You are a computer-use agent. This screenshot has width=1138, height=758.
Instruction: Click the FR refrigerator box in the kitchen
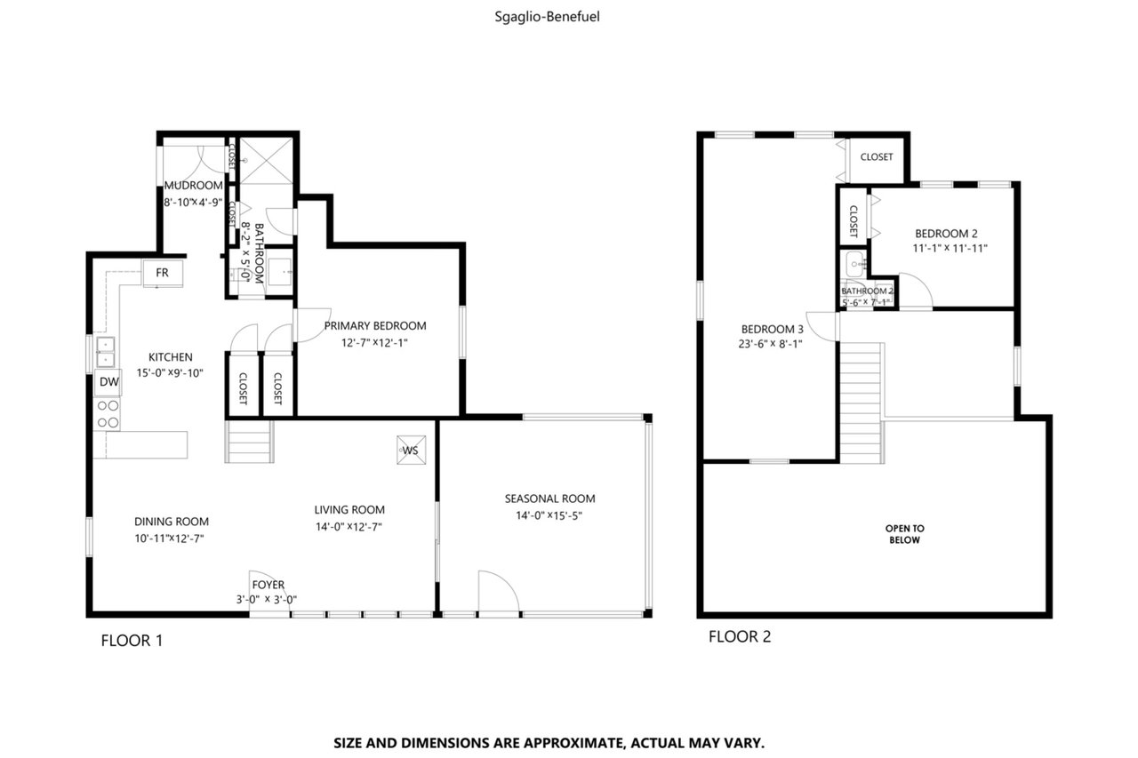[163, 273]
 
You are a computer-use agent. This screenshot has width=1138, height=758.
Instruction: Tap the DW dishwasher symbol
[108, 382]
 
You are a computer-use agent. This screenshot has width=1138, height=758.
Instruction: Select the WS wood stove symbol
[411, 450]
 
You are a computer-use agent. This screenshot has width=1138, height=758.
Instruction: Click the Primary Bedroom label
[375, 326]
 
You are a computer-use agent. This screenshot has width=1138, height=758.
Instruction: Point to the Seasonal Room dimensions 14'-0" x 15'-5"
[549, 515]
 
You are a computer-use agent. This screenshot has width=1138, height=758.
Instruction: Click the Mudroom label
[193, 186]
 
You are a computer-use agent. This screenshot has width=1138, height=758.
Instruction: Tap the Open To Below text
[905, 534]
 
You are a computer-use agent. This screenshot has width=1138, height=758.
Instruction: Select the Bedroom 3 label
[773, 329]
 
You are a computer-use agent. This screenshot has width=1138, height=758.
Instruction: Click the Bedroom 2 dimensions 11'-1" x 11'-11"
[950, 248]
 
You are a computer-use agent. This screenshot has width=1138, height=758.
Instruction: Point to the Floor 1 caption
[132, 641]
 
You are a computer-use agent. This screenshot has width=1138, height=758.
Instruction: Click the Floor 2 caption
[740, 636]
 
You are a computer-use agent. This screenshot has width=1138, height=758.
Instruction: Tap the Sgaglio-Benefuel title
[547, 17]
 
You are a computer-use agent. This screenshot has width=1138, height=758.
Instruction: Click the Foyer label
[268, 585]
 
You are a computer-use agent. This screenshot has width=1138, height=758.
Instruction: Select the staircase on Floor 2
[862, 403]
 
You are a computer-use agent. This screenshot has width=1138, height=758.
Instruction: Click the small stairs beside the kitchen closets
[249, 441]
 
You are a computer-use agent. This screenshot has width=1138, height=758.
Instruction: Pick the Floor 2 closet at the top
[877, 157]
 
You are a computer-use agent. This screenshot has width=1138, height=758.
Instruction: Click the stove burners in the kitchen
[108, 414]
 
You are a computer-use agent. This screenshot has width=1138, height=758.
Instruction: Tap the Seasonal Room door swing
[499, 591]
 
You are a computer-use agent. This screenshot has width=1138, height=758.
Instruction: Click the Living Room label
[349, 510]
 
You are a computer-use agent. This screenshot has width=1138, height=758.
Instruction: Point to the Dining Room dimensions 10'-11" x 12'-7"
[169, 539]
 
